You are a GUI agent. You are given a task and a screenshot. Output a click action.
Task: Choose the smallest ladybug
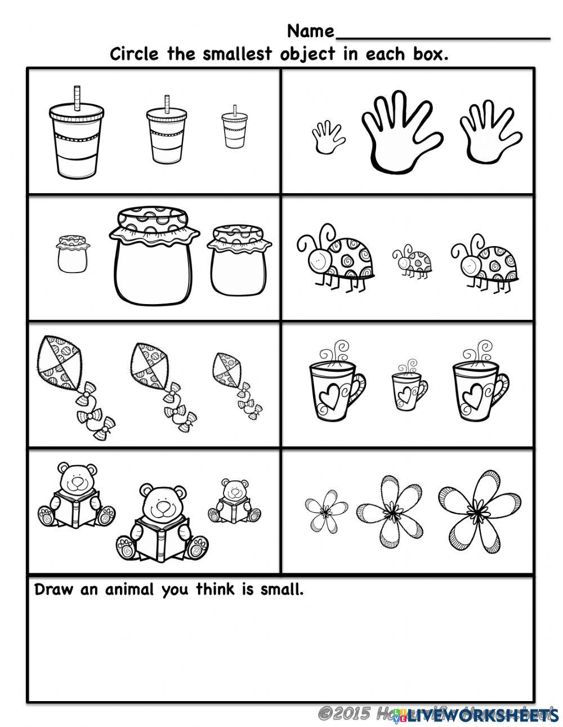coord(413,261)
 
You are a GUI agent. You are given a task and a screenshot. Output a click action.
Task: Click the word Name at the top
coord(311,30)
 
